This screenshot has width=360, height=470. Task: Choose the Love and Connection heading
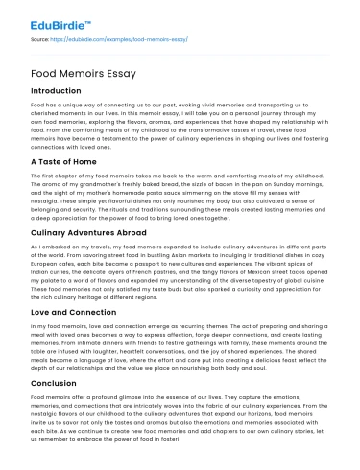tap(71, 313)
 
